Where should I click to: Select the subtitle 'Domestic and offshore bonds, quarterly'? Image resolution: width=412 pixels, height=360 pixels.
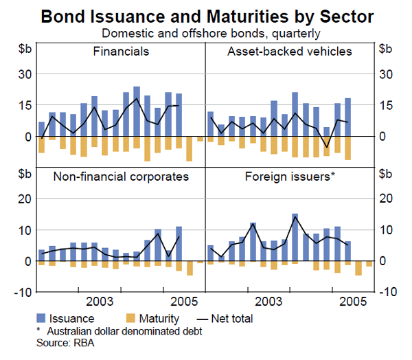click(206, 32)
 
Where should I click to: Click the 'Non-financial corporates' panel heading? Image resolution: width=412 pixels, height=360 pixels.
click(121, 177)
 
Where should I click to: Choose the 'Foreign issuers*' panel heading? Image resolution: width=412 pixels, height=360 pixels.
click(290, 177)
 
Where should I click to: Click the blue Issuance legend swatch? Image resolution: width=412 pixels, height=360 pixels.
click(43, 318)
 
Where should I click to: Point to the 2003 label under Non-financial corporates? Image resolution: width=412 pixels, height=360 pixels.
click(101, 301)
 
